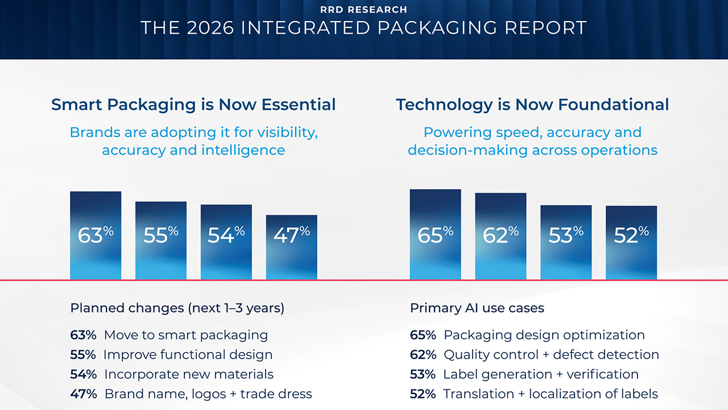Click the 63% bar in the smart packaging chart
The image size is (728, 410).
(x=96, y=235)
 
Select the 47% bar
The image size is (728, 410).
(x=292, y=247)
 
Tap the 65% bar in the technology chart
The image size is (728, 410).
(x=435, y=234)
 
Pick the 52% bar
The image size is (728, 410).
(x=631, y=243)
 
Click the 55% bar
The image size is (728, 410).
(x=161, y=240)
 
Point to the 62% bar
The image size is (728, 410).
(x=500, y=236)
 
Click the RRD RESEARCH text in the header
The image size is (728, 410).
(x=363, y=10)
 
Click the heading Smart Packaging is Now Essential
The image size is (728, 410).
(x=193, y=105)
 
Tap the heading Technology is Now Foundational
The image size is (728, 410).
(x=532, y=105)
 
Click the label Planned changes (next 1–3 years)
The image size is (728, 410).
(x=177, y=308)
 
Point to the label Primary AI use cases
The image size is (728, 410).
(x=477, y=308)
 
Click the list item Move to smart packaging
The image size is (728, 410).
(x=185, y=335)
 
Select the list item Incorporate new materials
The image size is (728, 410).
(x=188, y=374)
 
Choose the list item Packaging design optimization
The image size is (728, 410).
(x=544, y=335)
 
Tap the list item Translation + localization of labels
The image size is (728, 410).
(x=550, y=393)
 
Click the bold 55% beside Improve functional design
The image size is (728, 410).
(x=83, y=354)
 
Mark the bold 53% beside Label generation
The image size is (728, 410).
(x=423, y=374)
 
